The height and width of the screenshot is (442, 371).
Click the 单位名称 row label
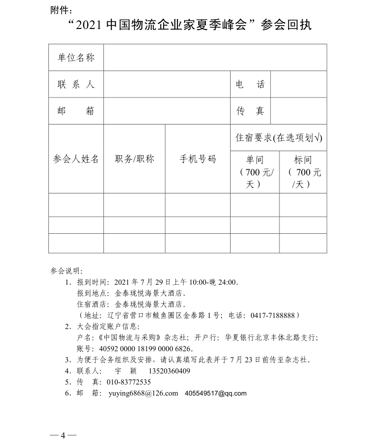tap(76, 58)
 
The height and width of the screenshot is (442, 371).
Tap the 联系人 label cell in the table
tap(76, 85)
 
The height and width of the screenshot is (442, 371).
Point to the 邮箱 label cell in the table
tap(76, 111)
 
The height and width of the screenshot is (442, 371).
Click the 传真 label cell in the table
tap(250, 111)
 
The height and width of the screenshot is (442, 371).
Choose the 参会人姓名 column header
tap(76, 159)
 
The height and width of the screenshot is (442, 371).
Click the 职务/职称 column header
tap(134, 159)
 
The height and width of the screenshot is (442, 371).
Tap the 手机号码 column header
tap(197, 159)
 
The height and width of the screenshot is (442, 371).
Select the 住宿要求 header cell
tap(278, 138)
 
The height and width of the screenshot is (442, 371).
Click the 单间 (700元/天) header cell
tap(254, 172)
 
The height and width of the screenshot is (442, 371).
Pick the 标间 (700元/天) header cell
tap(303, 172)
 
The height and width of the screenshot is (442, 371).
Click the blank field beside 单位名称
tap(215, 58)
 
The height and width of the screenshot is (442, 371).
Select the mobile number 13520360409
tap(169, 371)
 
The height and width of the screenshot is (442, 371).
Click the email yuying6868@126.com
tap(143, 394)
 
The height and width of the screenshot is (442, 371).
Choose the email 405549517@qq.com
tap(216, 394)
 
